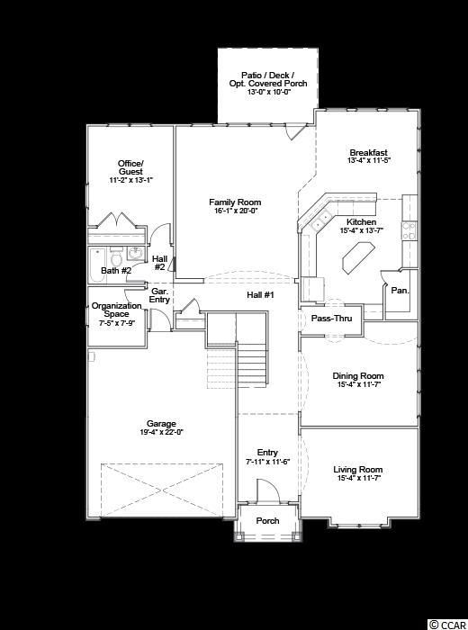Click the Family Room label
[x=235, y=202]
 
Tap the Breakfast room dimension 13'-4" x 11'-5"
[x=369, y=160]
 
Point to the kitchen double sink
[x=320, y=220]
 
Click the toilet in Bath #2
[x=116, y=256]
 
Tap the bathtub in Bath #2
[x=97, y=265]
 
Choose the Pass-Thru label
[x=331, y=319]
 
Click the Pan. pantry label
[x=400, y=290]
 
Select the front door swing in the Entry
[x=267, y=490]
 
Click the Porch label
[x=267, y=521]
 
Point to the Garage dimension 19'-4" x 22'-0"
[x=161, y=432]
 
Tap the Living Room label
[x=358, y=469]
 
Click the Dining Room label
[x=358, y=375]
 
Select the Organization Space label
[x=116, y=310]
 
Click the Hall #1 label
[x=260, y=295]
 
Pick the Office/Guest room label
[x=130, y=167]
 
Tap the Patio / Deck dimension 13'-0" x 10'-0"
[x=268, y=92]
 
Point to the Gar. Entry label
[x=159, y=295]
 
